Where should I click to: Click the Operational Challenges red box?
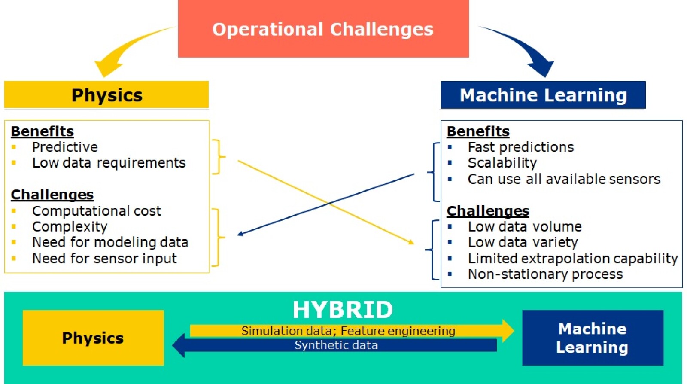(323, 29)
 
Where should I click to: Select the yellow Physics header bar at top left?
(106, 95)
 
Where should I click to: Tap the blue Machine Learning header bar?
(543, 95)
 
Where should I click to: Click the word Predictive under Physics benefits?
(65, 147)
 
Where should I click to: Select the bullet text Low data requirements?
(109, 163)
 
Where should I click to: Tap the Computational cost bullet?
(96, 211)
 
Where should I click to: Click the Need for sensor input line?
(104, 259)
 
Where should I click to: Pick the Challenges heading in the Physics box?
(52, 195)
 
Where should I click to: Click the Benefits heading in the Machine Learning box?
(478, 131)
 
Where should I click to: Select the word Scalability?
(502, 163)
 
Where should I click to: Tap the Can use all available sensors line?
(564, 179)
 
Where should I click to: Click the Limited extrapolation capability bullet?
(572, 259)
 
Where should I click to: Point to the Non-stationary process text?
(545, 274)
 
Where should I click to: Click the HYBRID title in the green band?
(343, 310)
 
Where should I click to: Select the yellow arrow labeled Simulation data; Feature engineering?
(348, 331)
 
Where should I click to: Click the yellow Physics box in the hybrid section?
(93, 338)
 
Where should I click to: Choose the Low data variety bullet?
(523, 243)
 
